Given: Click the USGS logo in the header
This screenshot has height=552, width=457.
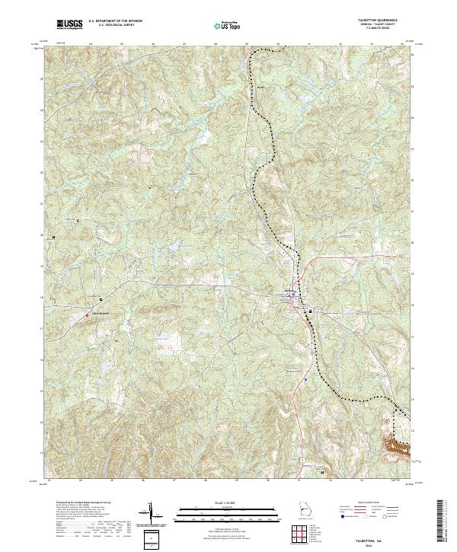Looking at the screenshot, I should [69, 24].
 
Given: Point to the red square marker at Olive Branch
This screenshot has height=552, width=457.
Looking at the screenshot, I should [87, 314].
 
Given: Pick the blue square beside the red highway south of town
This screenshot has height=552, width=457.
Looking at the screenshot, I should [306, 376].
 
